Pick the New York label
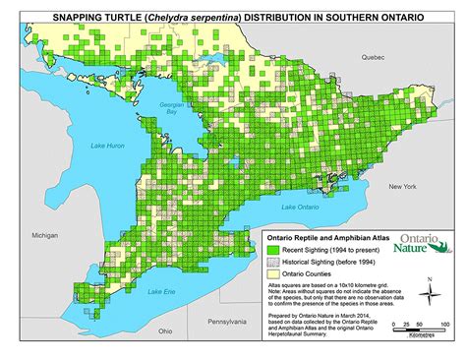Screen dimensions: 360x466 [x=403, y=186]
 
